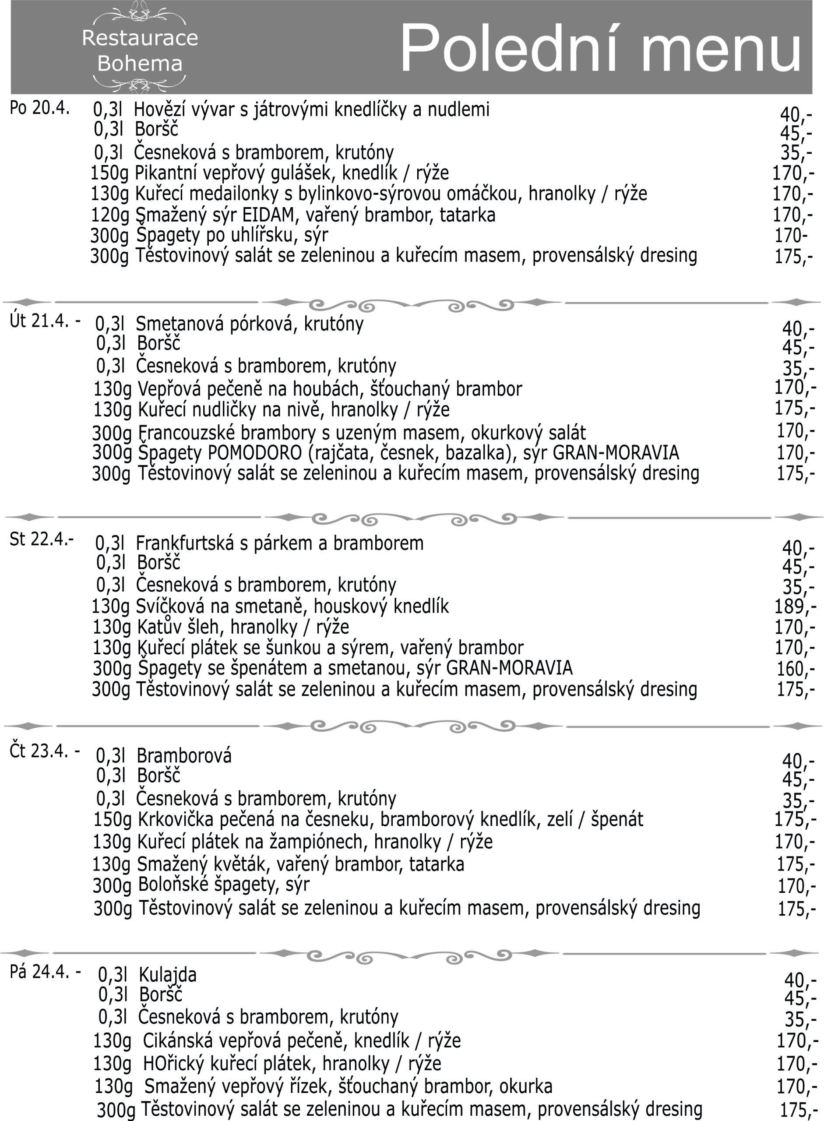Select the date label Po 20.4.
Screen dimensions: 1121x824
pyautogui.click(x=39, y=108)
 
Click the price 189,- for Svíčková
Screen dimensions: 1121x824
pyautogui.click(x=795, y=606)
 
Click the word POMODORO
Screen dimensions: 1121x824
pyautogui.click(x=254, y=453)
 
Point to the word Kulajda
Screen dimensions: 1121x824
pyautogui.click(x=168, y=974)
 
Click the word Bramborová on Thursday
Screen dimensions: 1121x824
pyautogui.click(x=184, y=756)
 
